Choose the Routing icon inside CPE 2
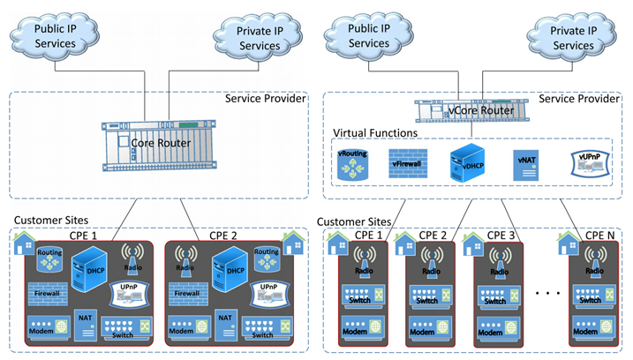point(267,258)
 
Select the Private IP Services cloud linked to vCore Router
point(572,36)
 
